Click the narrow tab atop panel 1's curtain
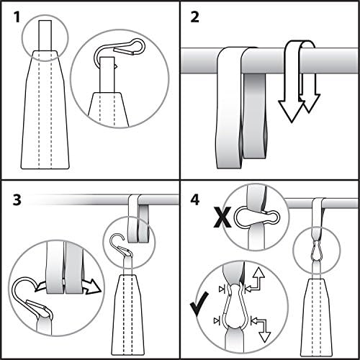[x=45, y=36]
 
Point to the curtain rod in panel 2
[x=194, y=60]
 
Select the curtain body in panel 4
[x=318, y=310]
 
